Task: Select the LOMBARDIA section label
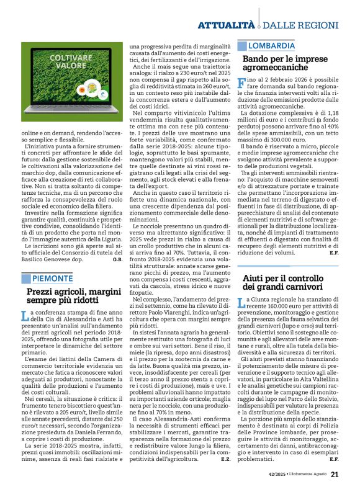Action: click(272, 46)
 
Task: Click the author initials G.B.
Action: click(117, 259)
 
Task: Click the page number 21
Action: click(334, 475)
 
